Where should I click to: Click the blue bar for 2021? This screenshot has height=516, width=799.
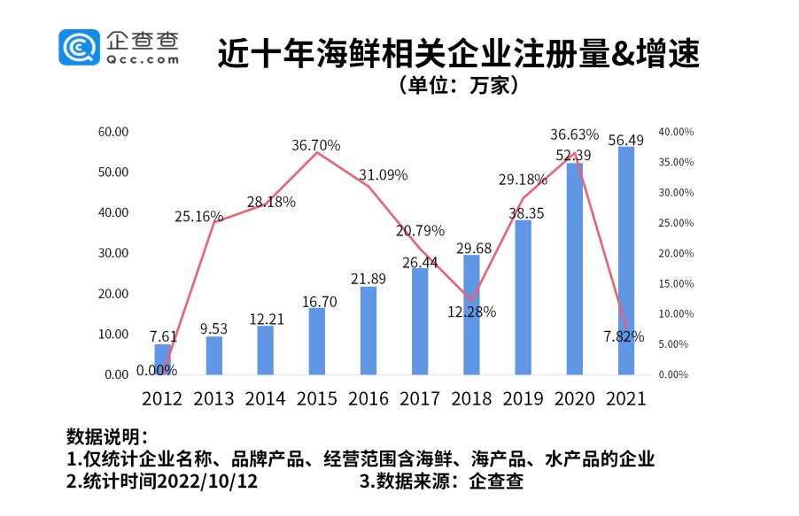[x=625, y=260]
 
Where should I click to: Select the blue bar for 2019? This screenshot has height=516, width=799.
[x=523, y=297]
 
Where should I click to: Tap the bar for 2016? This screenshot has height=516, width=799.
[x=368, y=330]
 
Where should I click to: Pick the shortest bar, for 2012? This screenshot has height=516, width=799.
[x=162, y=359]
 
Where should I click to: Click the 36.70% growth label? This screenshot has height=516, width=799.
[x=316, y=144]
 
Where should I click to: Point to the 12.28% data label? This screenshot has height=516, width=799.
[x=471, y=312]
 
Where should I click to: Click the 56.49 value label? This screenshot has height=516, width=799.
[x=625, y=139]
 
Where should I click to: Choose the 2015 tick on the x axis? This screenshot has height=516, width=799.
[x=316, y=398]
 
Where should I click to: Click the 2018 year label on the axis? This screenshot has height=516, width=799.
[x=471, y=398]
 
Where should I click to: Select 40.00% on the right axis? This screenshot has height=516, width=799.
[x=675, y=132]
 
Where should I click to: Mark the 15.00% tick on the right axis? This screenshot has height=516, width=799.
[x=675, y=283]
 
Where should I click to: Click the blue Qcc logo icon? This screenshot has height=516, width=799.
[x=80, y=47]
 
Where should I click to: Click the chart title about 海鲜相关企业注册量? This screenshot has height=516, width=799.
[x=458, y=55]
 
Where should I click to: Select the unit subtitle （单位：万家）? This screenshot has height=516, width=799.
[x=458, y=86]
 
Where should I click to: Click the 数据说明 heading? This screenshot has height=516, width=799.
[x=107, y=438]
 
